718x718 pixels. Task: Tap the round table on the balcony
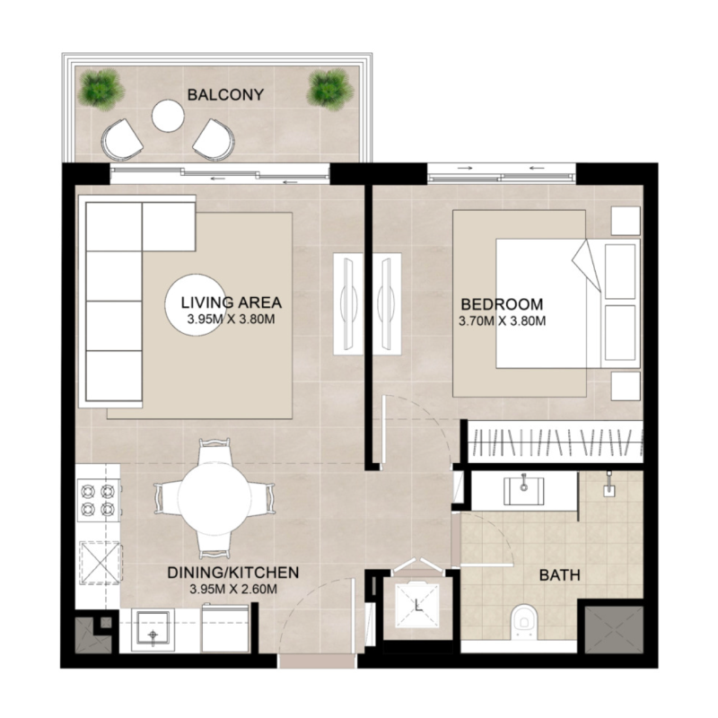point(168,115)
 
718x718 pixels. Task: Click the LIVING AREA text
point(232,302)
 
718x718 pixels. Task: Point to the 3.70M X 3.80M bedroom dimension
point(503,319)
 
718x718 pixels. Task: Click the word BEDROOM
point(503,302)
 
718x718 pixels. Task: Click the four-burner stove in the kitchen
point(98,501)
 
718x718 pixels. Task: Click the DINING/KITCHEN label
point(232,573)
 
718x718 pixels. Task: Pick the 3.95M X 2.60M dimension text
point(232,589)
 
